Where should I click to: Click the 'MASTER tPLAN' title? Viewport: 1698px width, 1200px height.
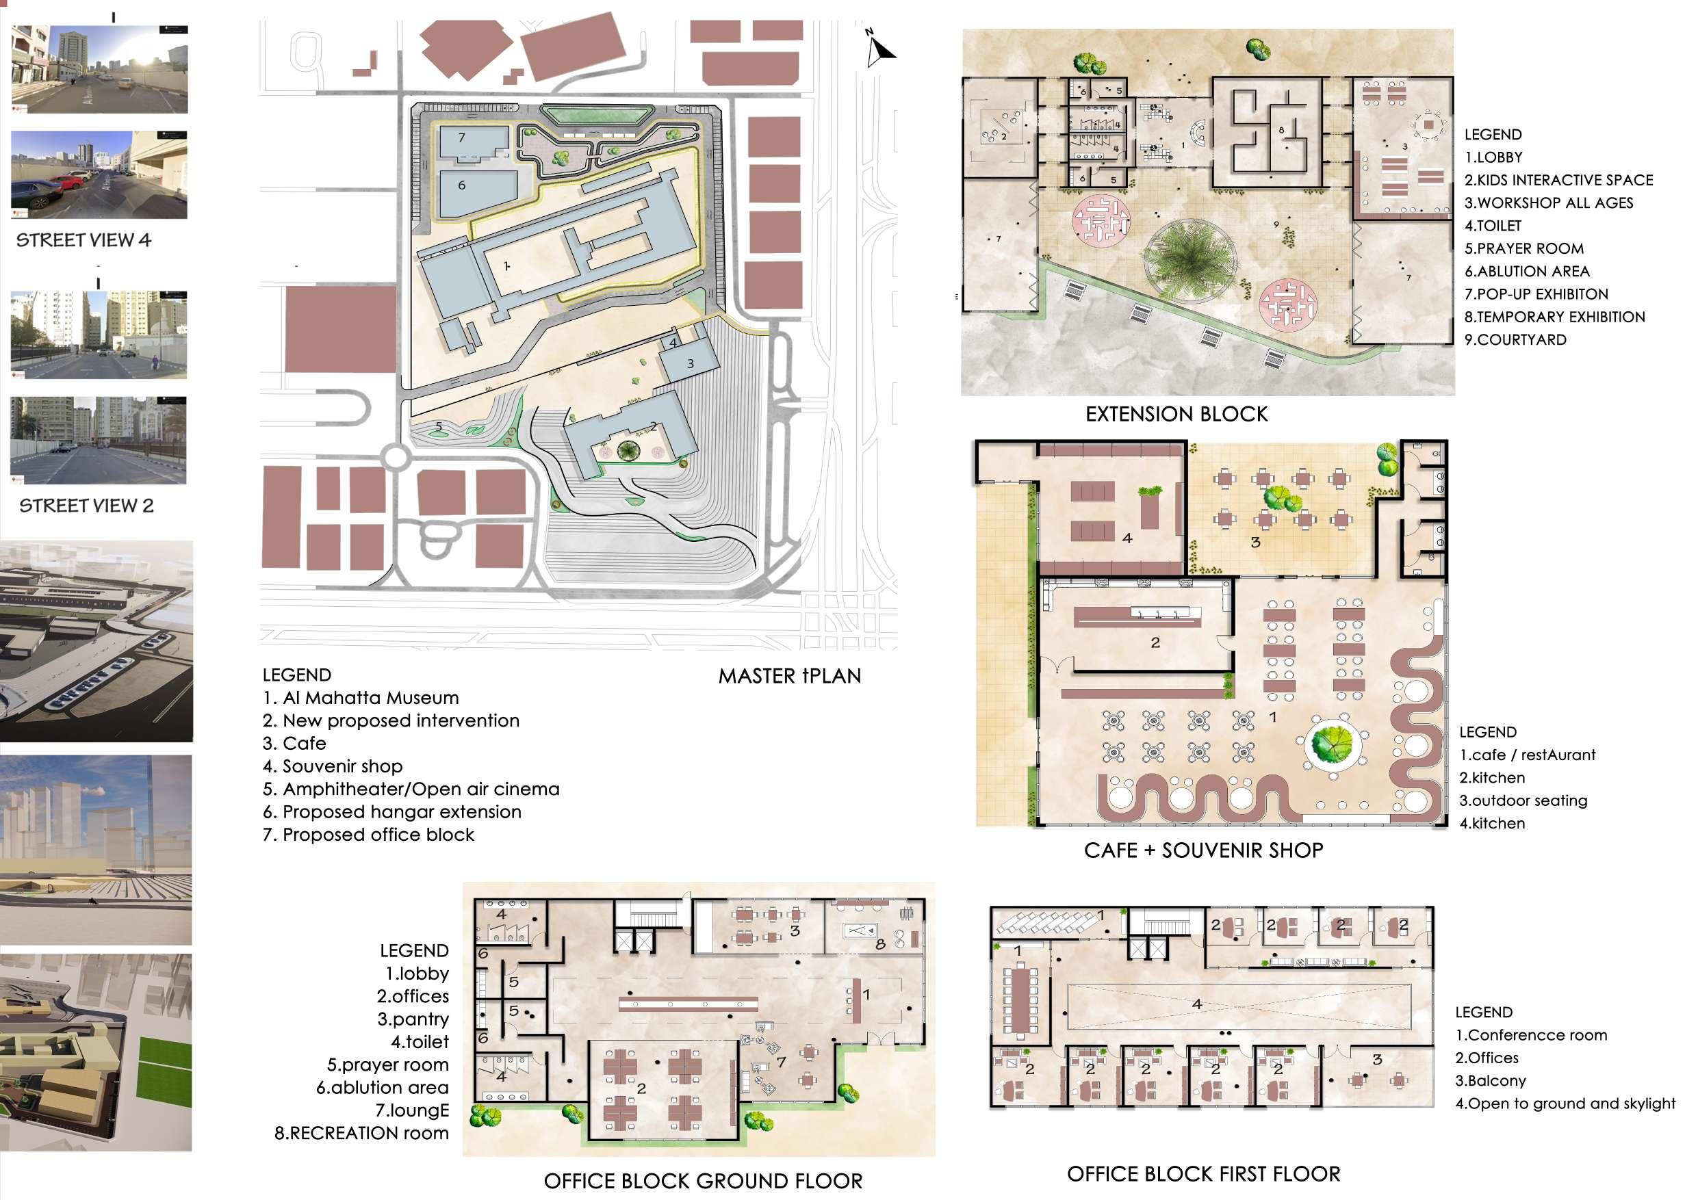[x=789, y=676]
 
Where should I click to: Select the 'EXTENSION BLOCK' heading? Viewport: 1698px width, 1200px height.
[x=1176, y=414]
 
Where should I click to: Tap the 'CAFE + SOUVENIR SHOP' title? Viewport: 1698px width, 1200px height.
[x=1203, y=850]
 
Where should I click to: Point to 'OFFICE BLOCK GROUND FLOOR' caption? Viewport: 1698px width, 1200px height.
[x=703, y=1181]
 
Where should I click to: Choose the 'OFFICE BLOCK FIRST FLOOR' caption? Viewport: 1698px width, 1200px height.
[x=1203, y=1173]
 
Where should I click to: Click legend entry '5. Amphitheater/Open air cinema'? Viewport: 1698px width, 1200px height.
[x=411, y=789]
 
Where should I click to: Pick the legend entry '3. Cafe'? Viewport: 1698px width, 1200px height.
[x=294, y=743]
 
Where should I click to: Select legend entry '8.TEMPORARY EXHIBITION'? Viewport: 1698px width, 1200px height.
[x=1554, y=317]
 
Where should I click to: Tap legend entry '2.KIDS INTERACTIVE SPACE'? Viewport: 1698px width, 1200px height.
[x=1558, y=181]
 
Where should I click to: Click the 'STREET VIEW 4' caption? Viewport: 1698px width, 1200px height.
[x=83, y=240]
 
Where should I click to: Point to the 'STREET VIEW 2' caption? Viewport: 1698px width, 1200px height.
[x=86, y=506]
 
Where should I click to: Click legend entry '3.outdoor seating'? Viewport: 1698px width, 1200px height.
[x=1523, y=800]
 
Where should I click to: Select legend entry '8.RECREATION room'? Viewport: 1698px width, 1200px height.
[x=361, y=1133]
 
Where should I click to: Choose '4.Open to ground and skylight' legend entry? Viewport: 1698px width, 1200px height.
[x=1565, y=1103]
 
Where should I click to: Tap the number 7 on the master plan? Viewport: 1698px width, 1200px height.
[x=461, y=138]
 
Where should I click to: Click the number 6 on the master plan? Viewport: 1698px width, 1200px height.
[x=461, y=185]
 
